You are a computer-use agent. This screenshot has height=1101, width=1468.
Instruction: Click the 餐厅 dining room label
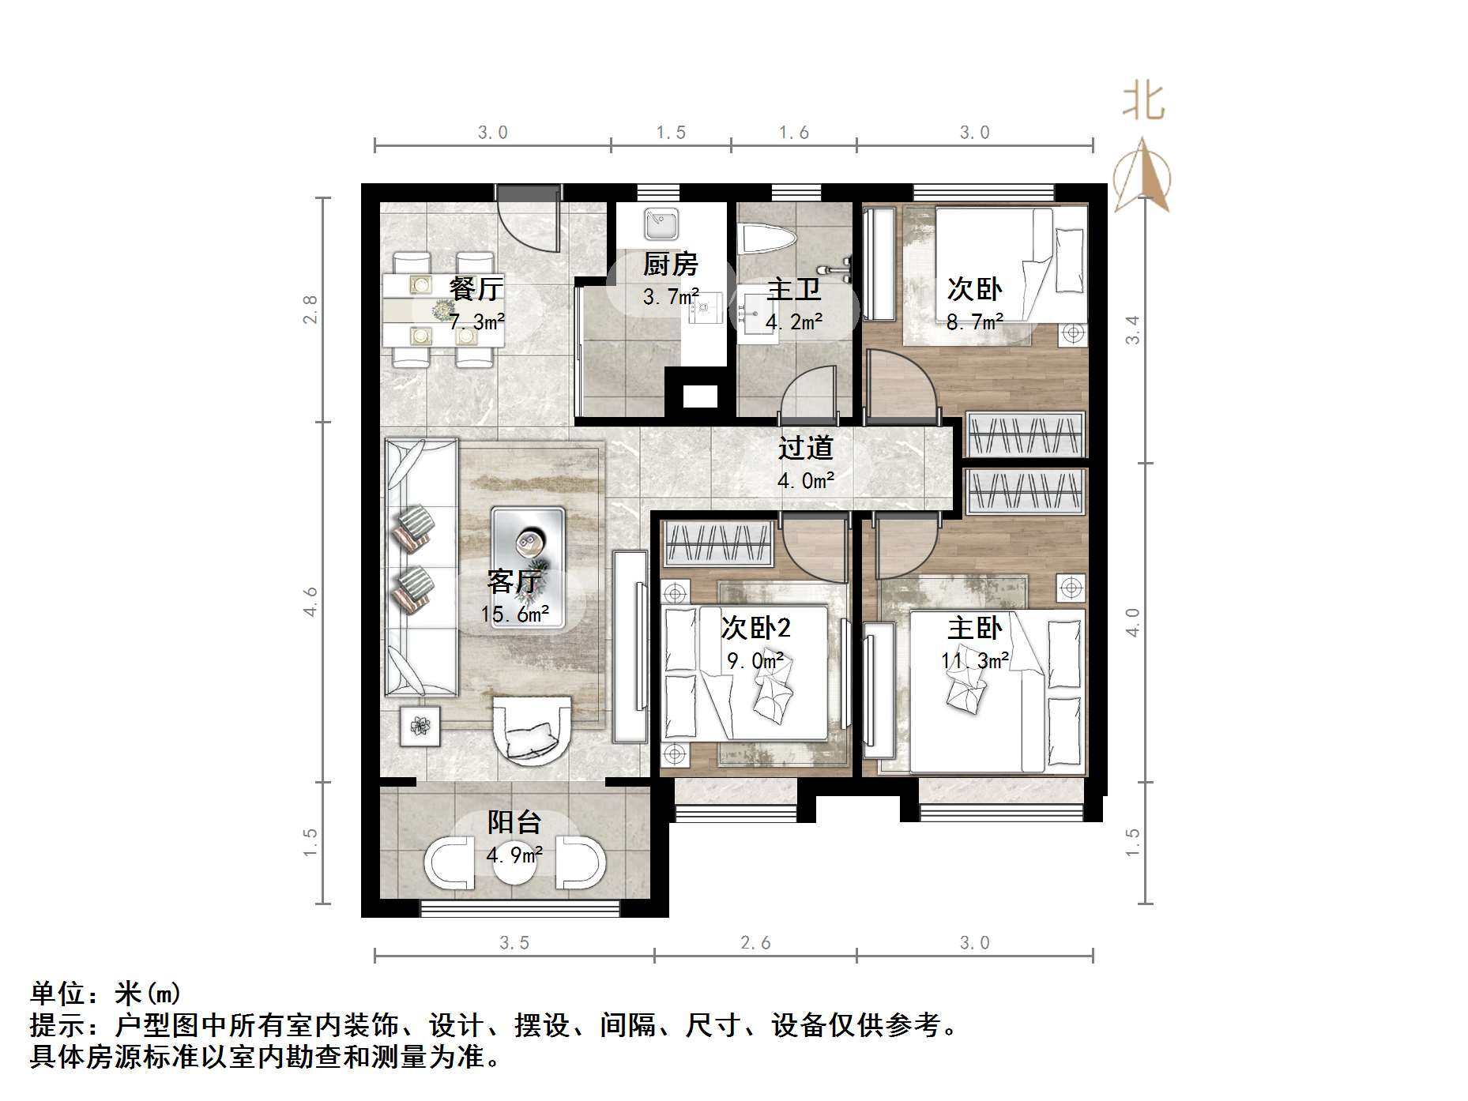click(x=475, y=289)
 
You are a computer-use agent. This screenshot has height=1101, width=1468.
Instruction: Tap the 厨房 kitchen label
click(x=670, y=265)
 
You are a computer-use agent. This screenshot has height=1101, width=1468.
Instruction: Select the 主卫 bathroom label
click(x=793, y=289)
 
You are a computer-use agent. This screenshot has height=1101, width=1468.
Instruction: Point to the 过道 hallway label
click(x=805, y=449)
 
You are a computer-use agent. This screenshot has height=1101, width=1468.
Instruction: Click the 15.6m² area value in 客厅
click(x=515, y=614)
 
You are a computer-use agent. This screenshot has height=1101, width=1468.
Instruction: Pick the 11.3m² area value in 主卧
click(x=975, y=660)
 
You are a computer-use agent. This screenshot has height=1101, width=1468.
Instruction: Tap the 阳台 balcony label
click(x=514, y=823)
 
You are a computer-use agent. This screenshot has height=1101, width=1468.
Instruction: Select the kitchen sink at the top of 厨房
click(x=661, y=224)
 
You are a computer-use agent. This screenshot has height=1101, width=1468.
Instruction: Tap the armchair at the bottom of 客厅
click(x=532, y=731)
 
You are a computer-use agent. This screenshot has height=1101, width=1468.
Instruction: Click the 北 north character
click(x=1143, y=103)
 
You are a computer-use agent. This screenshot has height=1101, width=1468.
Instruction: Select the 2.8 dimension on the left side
click(x=311, y=309)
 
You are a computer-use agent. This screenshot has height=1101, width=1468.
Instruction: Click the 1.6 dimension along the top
click(x=793, y=133)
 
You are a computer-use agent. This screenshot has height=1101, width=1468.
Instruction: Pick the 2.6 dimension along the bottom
click(x=755, y=943)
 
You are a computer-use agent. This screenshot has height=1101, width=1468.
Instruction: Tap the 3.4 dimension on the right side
click(x=1133, y=329)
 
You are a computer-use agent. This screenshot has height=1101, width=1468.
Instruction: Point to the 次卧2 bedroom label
click(x=755, y=629)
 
